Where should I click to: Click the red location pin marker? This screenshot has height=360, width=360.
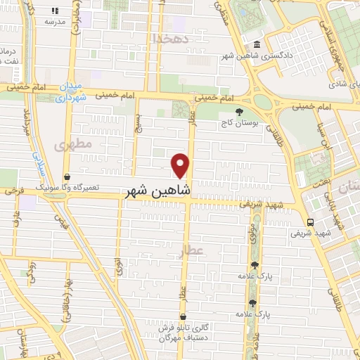(181, 165)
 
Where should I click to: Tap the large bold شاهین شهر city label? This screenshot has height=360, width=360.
(160, 191)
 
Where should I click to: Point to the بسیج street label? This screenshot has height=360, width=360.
(139, 127)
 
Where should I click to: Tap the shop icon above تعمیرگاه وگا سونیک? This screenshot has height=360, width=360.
(67, 176)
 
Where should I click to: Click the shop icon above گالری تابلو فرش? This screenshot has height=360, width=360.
(183, 316)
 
